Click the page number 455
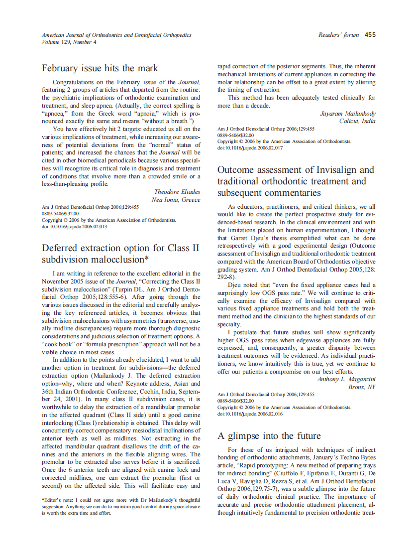[370, 35]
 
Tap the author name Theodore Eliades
[177, 192]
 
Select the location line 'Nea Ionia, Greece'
[176, 200]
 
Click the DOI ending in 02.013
[74, 226]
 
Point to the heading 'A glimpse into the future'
[269, 436]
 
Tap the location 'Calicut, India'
[357, 121]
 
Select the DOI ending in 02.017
[250, 148]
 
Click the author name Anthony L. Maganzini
[346, 379]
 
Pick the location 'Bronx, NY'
[362, 387]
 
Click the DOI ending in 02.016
[250, 414]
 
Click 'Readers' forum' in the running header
[339, 35]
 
